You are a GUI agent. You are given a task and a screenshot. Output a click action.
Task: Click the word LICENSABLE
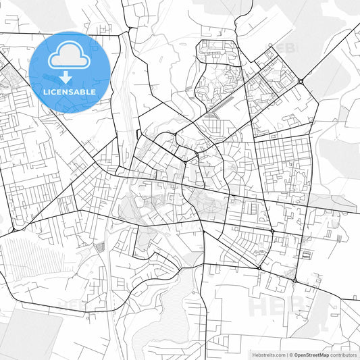coord(70,92)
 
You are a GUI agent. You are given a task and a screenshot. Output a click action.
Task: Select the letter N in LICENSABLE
coord(70,92)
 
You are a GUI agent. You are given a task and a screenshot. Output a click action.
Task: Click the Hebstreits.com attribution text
coord(268,355)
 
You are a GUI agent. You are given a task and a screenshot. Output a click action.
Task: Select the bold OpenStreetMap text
coord(311,355)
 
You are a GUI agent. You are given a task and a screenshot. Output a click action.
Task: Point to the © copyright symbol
coord(291,355)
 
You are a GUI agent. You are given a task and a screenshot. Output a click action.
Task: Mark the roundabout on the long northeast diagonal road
coord(300,82)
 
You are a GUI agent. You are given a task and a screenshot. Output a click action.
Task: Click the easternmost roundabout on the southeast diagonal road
coord(295,280)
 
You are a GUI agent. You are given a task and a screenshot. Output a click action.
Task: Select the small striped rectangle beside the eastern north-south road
coord(308,255)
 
